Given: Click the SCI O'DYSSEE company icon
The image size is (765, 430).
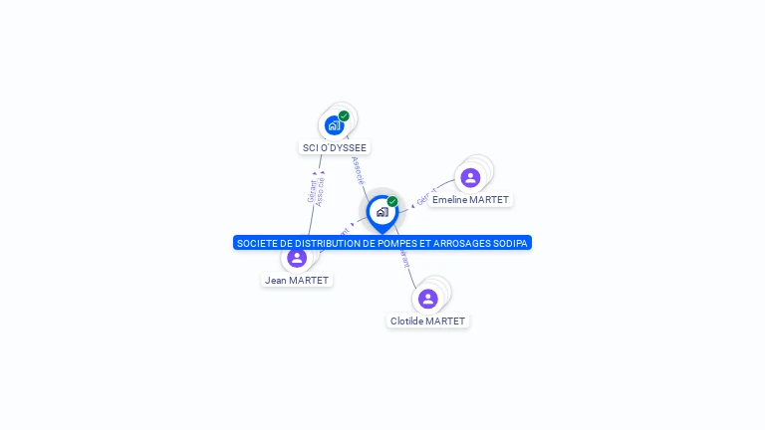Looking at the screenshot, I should [x=334, y=125].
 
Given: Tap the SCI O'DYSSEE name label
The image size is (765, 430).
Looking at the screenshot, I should [x=334, y=147].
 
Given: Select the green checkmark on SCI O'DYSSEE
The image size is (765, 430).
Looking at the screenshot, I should [x=344, y=115].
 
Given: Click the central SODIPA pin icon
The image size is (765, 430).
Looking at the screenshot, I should [x=382, y=212].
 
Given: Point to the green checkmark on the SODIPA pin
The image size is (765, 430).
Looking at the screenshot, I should [x=392, y=201].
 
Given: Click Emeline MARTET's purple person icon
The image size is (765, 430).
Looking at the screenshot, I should [x=470, y=177].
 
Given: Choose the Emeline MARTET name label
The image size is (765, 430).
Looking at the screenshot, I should [x=470, y=200].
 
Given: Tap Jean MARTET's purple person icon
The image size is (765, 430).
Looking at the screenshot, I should [x=297, y=258].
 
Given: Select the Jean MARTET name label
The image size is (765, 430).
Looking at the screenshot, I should [x=297, y=281].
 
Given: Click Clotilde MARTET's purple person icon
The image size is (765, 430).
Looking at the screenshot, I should [x=428, y=299].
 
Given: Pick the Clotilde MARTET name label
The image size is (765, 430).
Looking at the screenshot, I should [x=428, y=322].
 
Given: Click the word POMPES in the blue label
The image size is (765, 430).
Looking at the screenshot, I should [x=380, y=243].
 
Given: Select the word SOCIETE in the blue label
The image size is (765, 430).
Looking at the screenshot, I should [x=255, y=243].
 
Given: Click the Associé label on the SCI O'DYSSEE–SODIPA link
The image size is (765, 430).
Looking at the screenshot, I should [x=358, y=170].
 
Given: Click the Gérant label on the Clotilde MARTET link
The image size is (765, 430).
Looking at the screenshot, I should [x=403, y=259].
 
